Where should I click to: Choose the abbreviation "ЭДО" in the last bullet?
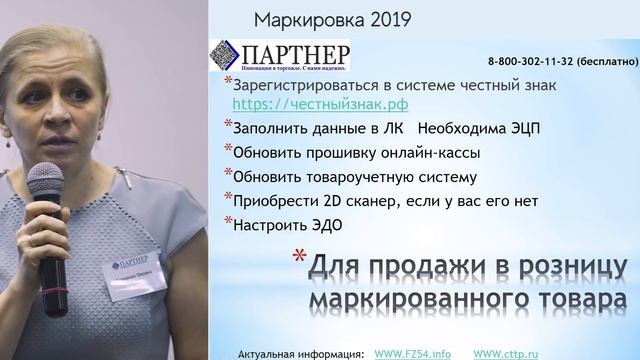(x=322, y=226)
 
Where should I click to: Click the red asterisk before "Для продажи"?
(x=296, y=259)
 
